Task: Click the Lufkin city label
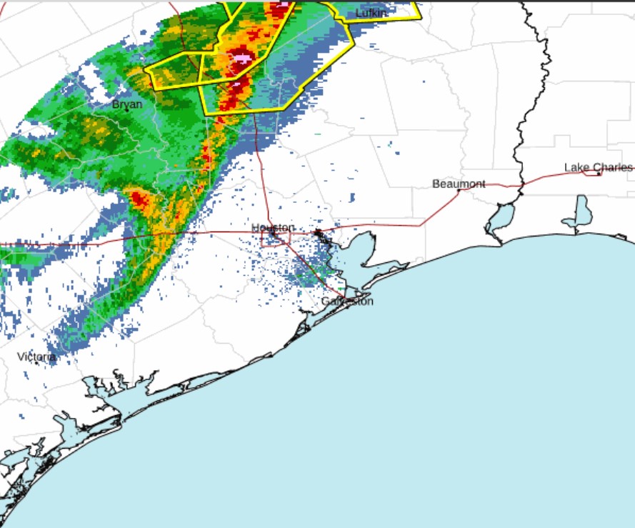(x=371, y=13)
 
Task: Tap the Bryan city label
(x=126, y=104)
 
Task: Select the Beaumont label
(x=459, y=184)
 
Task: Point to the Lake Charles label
(x=597, y=167)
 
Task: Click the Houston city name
(x=273, y=227)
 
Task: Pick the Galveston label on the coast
(x=347, y=301)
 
